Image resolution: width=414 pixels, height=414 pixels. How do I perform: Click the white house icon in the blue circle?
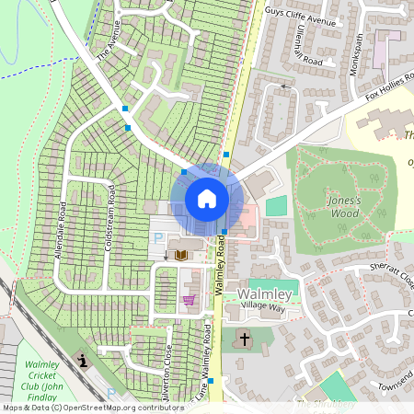[207, 199]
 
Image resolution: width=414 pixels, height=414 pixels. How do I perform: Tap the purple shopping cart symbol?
[190, 300]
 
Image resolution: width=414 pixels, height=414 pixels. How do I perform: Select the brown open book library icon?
[181, 255]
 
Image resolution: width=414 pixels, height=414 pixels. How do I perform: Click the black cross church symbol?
[245, 339]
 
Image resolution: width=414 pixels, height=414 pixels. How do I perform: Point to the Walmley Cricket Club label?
[42, 381]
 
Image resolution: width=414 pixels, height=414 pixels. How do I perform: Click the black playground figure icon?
[83, 360]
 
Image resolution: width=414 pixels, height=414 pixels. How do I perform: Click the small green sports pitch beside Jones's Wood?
[276, 205]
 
